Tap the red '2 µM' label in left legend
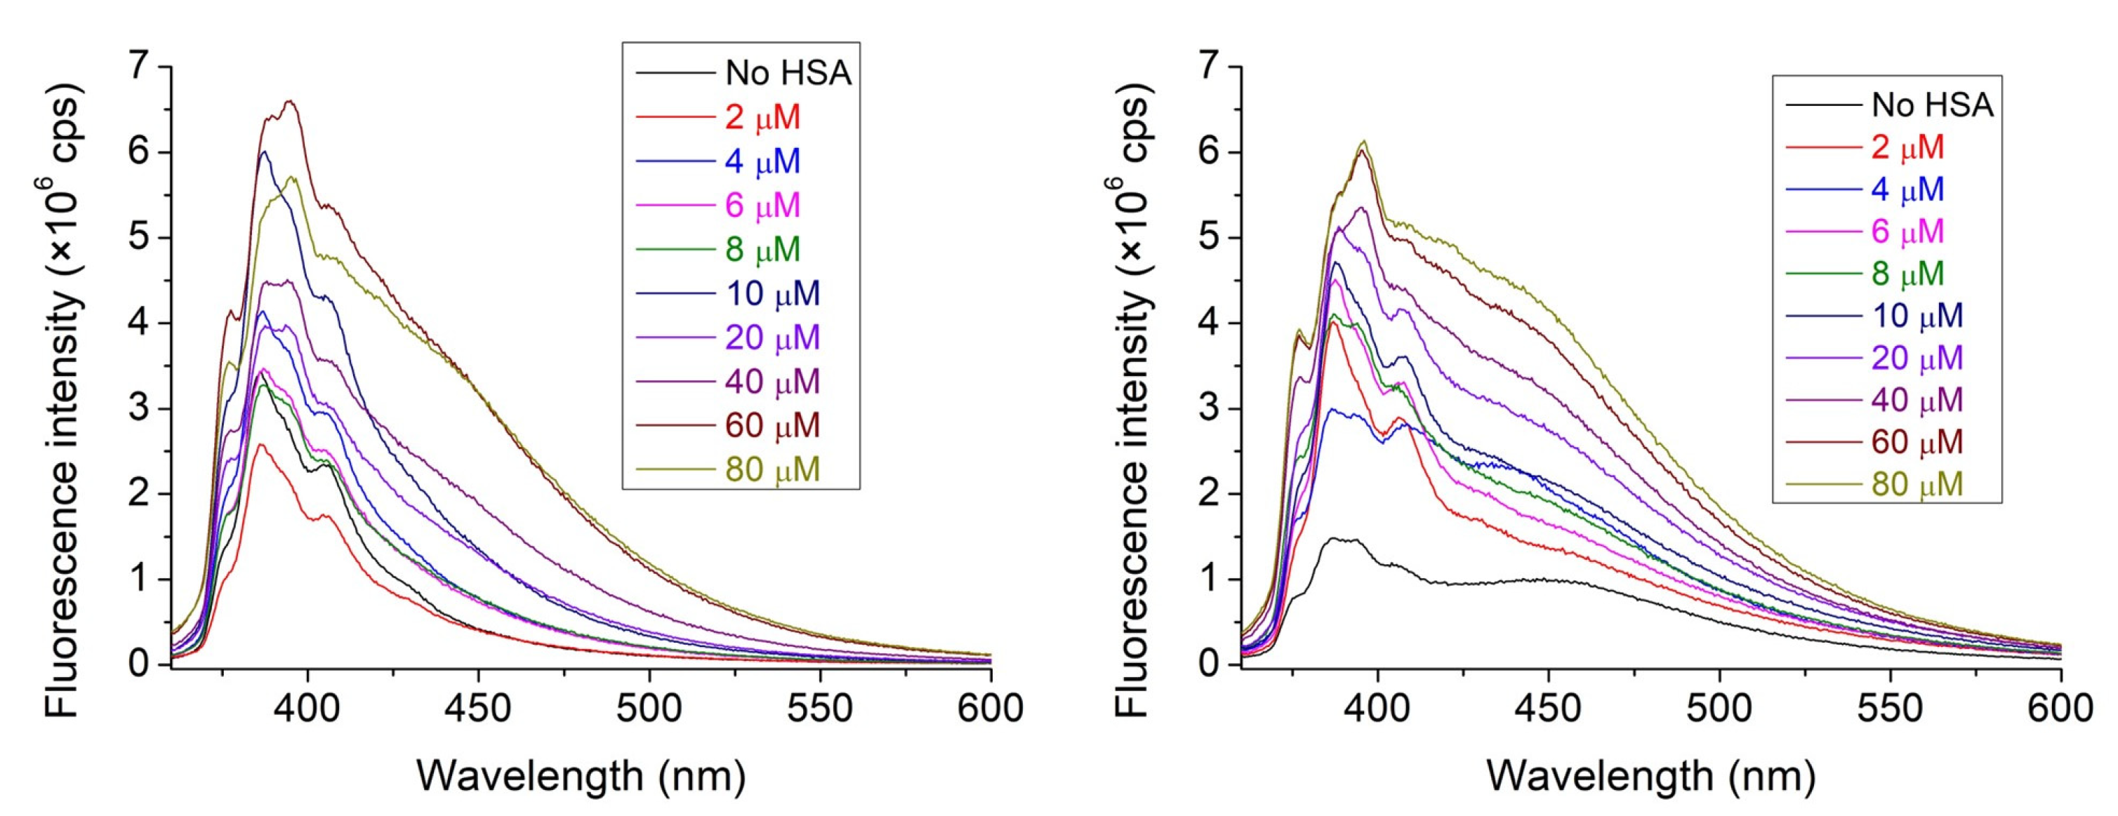point(762,117)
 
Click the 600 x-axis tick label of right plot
point(2060,707)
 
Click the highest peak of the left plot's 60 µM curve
point(289,102)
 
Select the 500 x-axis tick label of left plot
point(649,707)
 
